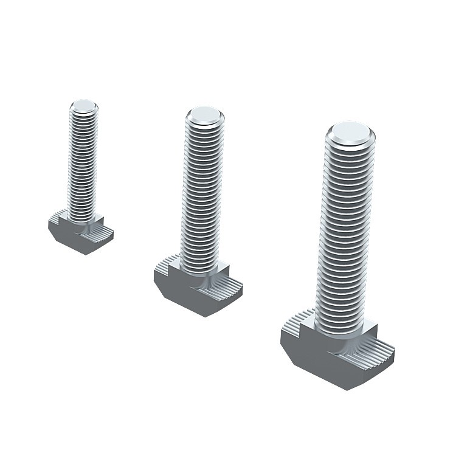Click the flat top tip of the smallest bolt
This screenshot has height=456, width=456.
pos(83,106)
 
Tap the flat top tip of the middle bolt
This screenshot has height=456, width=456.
pos(204,115)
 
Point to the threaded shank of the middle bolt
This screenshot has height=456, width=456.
pos(203,195)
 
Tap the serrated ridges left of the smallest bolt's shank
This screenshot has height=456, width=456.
pos(58,215)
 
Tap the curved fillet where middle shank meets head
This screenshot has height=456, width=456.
pos(201,281)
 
